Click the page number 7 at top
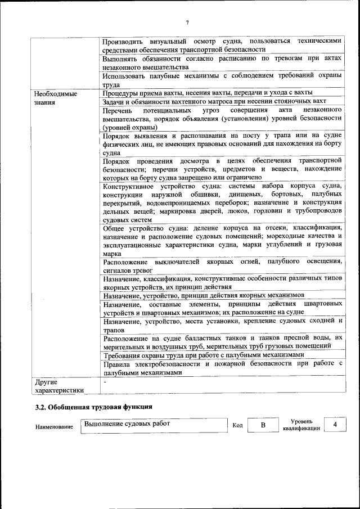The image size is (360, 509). point(187,22)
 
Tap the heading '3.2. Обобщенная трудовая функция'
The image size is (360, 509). point(94,406)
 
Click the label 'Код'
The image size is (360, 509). point(237,425)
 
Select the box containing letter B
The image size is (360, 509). point(262,425)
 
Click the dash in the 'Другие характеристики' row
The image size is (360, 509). point(105,381)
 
